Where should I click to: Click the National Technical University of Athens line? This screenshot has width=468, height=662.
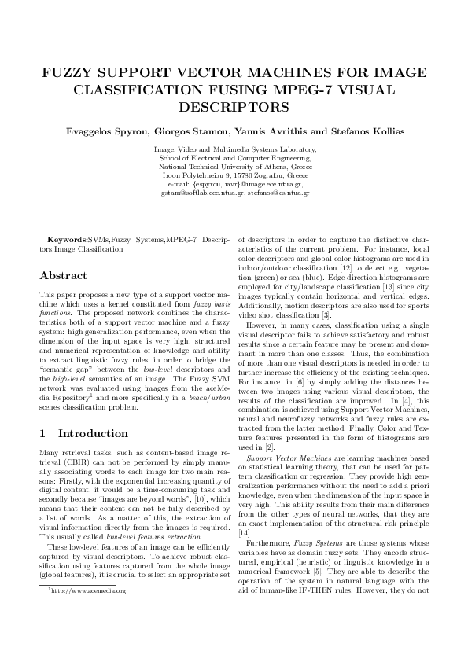click(234, 167)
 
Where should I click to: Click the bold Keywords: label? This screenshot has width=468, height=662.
click(68, 239)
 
